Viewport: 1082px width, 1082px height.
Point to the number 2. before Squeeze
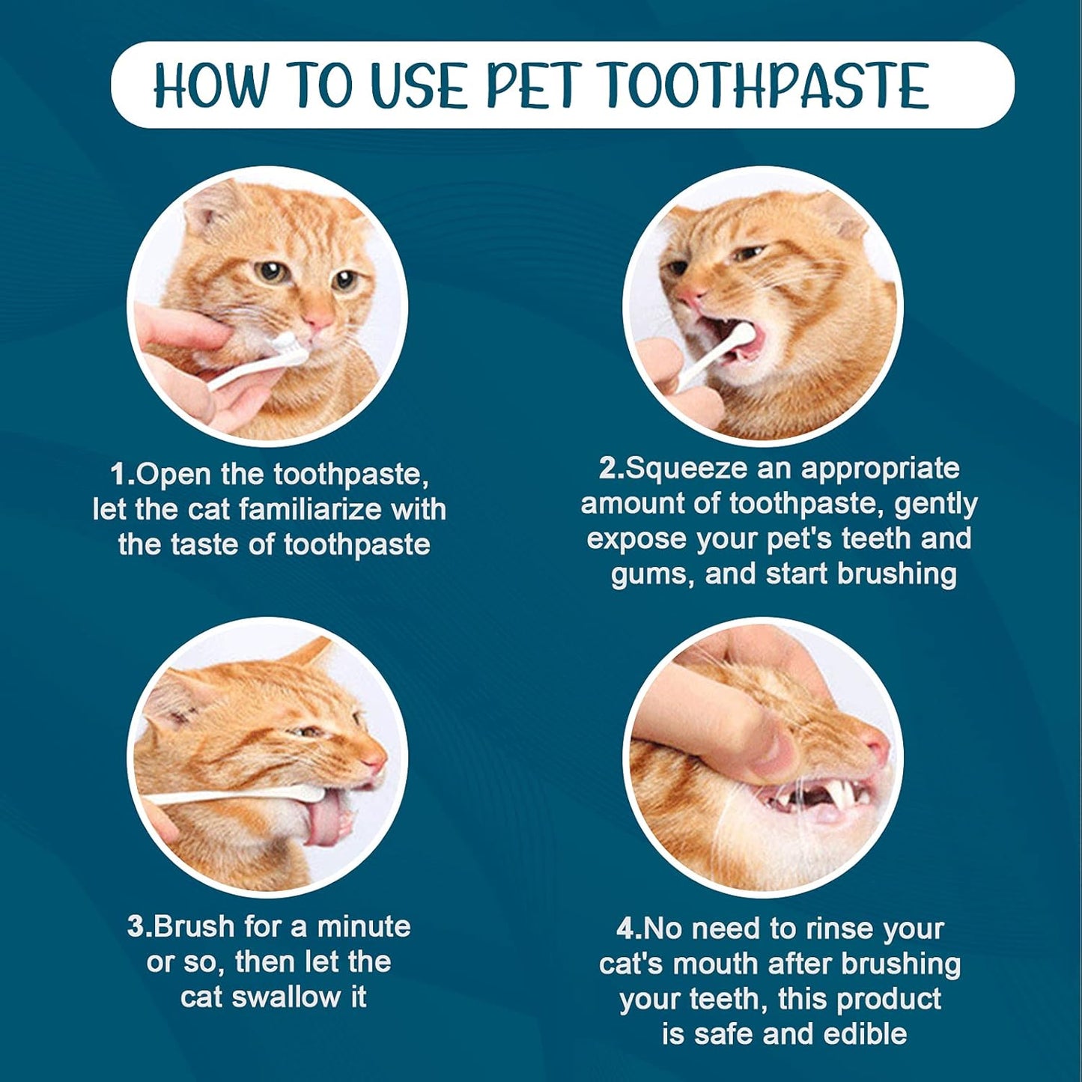coord(612,468)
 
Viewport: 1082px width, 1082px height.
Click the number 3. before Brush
coord(139,926)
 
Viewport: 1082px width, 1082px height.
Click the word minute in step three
coord(364,926)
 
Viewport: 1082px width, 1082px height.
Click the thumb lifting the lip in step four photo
coord(764,741)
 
